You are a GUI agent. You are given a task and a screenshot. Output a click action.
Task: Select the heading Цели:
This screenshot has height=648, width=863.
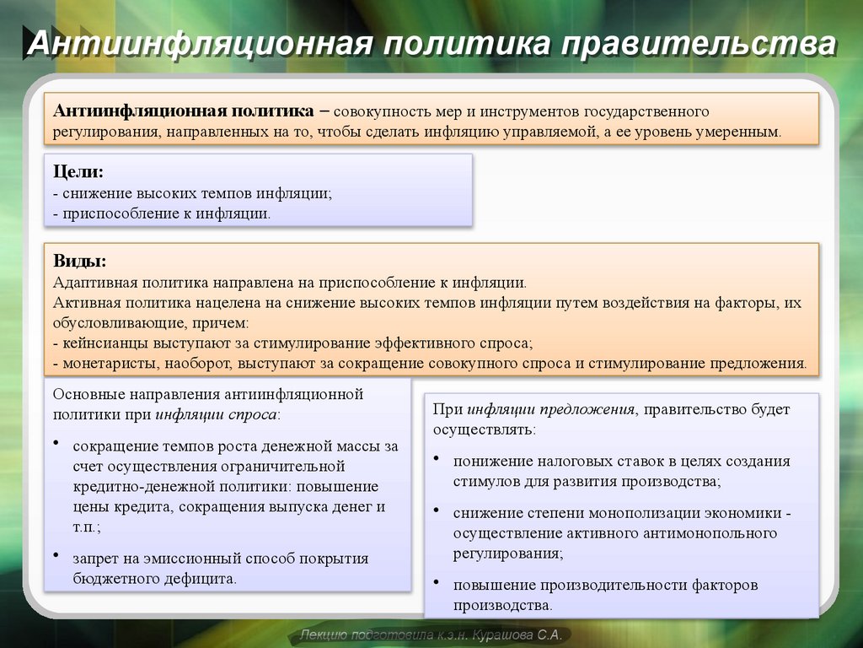tap(78, 172)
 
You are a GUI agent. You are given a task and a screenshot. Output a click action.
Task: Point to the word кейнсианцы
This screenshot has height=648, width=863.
tap(105, 343)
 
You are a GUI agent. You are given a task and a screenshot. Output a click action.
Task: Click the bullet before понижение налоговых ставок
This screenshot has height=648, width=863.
tap(436, 458)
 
